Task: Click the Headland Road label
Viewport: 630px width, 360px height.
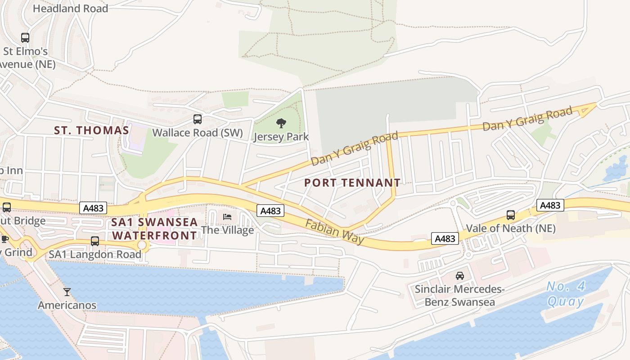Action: coord(70,9)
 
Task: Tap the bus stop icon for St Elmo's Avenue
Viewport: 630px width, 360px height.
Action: coord(25,38)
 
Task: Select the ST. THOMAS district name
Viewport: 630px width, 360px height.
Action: coord(91,130)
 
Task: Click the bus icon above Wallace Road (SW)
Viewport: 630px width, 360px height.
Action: coord(198,119)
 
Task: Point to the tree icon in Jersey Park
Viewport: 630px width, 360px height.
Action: coord(281,123)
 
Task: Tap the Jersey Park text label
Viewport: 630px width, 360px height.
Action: coord(281,137)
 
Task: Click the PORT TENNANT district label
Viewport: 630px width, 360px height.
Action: coord(352,183)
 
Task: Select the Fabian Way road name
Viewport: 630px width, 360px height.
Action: coord(335,231)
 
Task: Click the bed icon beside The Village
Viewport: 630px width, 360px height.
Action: coord(227,217)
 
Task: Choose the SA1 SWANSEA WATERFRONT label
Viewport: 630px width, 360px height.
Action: coord(155,229)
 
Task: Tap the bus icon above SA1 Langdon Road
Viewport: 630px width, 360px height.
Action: coord(95,241)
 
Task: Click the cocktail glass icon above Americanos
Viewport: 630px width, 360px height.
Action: coord(67,292)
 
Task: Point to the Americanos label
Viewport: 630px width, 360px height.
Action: coord(67,305)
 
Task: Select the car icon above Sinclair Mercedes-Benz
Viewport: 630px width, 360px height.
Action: coord(459,276)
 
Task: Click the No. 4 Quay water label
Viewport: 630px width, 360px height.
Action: coord(566,293)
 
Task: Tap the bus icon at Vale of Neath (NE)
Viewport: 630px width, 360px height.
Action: coord(510,215)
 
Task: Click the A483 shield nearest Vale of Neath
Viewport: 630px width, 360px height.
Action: coord(550,205)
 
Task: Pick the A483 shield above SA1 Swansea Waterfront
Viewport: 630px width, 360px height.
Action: coord(93,208)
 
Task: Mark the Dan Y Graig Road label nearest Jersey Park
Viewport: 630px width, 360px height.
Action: coord(355,148)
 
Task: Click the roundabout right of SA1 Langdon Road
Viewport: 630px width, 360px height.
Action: coord(143,245)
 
